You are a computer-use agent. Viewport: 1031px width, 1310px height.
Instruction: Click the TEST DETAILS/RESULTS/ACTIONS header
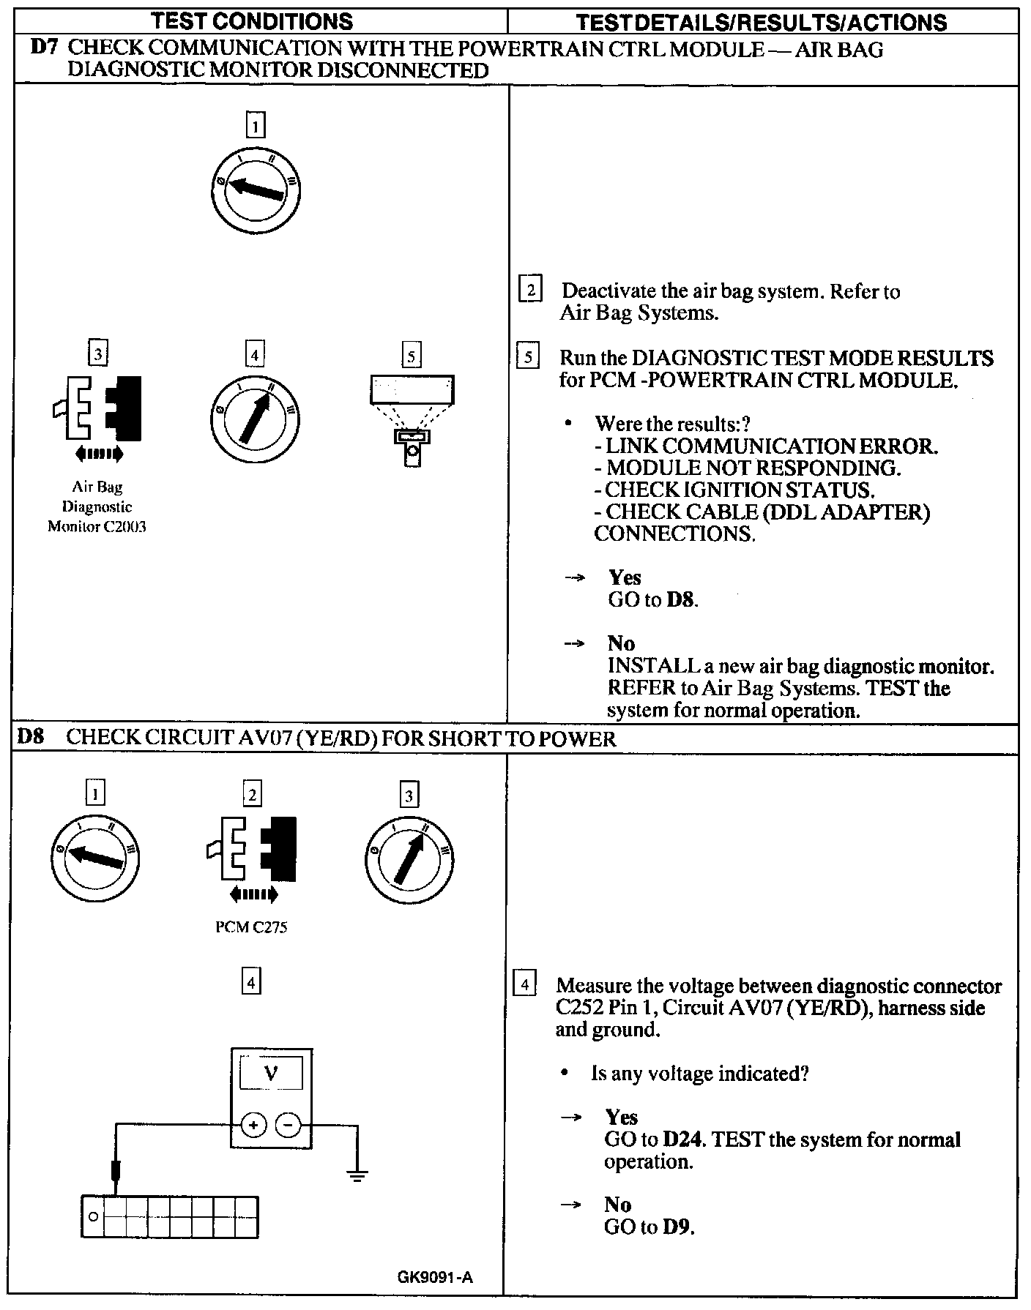coord(762,22)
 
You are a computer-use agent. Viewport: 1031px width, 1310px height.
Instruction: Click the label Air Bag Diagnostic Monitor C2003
coord(97,506)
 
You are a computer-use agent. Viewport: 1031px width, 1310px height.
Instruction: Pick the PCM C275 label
coord(251,927)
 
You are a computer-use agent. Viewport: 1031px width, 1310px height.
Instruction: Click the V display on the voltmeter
coord(271,1074)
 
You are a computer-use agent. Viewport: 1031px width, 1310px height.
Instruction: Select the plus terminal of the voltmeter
coord(253,1125)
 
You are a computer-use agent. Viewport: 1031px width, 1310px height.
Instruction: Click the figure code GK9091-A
coord(435,1278)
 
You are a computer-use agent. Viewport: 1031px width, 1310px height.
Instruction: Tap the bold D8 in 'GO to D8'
coord(681,600)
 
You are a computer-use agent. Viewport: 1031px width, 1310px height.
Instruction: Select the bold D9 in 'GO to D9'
coord(677,1227)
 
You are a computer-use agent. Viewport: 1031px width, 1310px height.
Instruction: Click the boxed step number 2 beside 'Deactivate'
coord(529,291)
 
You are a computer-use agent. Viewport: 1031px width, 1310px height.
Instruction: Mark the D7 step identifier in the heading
coord(45,49)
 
